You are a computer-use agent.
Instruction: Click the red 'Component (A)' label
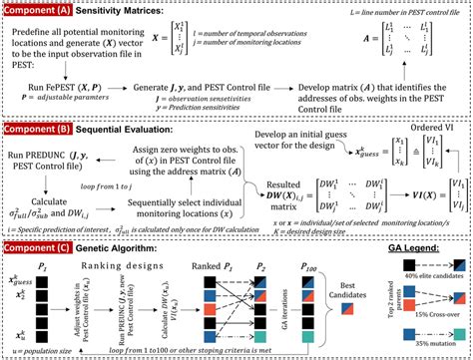click(39, 9)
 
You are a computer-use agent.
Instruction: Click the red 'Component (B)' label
click(39, 129)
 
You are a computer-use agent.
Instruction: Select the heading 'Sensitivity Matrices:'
click(127, 9)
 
